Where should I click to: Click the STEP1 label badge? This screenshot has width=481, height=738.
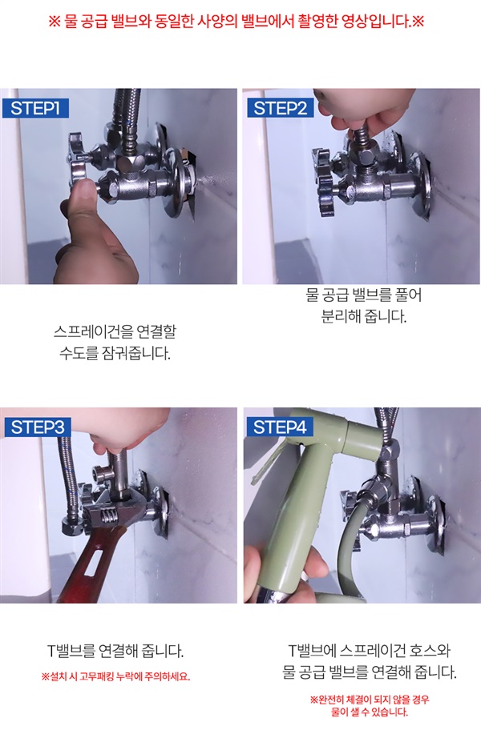click(x=35, y=108)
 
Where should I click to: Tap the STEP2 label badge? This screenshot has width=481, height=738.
click(x=280, y=108)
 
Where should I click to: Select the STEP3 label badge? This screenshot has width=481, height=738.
click(x=37, y=427)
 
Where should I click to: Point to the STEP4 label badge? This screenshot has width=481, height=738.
click(x=280, y=427)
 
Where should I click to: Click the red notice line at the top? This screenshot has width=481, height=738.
click(x=236, y=21)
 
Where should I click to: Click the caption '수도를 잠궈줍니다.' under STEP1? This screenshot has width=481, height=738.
click(x=115, y=353)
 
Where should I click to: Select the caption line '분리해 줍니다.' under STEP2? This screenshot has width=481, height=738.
click(x=364, y=316)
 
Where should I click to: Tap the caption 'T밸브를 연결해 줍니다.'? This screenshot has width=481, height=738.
click(x=115, y=651)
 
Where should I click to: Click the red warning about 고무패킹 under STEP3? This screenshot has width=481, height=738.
click(x=115, y=677)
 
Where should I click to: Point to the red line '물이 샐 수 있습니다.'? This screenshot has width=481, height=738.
click(x=370, y=712)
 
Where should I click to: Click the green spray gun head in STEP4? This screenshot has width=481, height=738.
click(x=311, y=471)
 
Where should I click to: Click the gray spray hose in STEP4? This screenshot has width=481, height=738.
click(x=351, y=541)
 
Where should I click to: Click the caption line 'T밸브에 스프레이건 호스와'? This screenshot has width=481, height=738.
click(x=370, y=651)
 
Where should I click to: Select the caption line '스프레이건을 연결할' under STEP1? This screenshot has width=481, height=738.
click(x=115, y=331)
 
